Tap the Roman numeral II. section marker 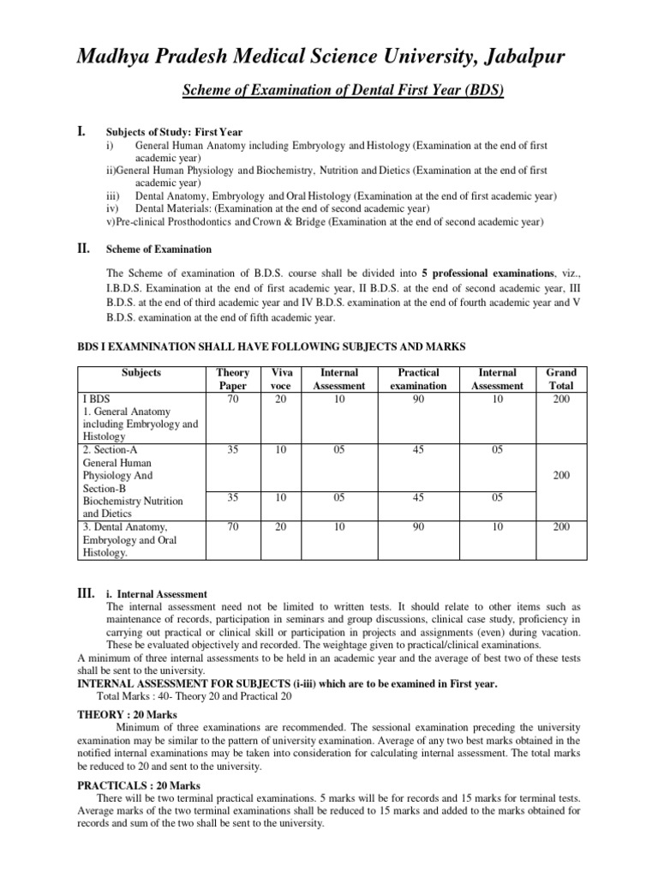[83, 248]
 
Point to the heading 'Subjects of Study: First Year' [174, 132]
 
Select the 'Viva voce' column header [277, 379]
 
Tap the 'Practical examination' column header [418, 379]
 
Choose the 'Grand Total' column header [561, 379]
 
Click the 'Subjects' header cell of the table [141, 373]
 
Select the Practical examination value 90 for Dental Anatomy [418, 526]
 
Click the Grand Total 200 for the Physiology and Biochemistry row [561, 474]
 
